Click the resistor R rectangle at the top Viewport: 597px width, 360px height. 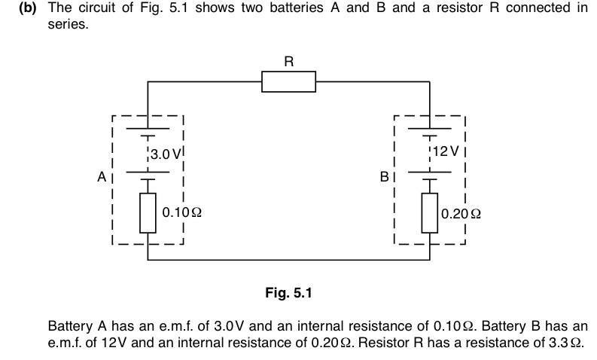point(288,81)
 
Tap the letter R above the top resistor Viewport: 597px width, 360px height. point(288,62)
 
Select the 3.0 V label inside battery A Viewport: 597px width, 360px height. point(165,154)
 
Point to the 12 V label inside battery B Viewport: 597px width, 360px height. point(446,151)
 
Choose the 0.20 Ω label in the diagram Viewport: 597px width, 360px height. point(461,213)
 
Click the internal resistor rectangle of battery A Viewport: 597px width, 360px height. point(148,212)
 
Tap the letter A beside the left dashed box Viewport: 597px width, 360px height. point(102,177)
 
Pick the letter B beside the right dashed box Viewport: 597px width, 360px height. point(384,178)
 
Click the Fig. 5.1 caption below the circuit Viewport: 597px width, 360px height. point(288,293)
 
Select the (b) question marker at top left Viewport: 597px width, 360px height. point(28,8)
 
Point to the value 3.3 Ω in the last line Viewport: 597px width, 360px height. point(566,343)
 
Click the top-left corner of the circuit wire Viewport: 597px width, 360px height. point(148,81)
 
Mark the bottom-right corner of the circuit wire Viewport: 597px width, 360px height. point(430,260)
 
